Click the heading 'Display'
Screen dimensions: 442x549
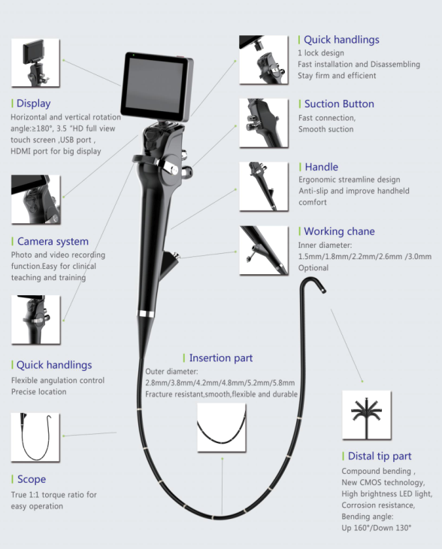pyautogui.click(x=34, y=104)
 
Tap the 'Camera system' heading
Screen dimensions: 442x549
pyautogui.click(x=53, y=241)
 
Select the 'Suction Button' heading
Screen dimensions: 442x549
pyautogui.click(x=339, y=104)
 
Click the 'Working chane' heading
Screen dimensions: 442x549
pyautogui.click(x=339, y=231)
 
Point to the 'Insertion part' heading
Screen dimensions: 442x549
pyautogui.click(x=221, y=357)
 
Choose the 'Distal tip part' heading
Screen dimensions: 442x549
pyautogui.click(x=380, y=456)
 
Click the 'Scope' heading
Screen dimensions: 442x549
pyautogui.click(x=32, y=479)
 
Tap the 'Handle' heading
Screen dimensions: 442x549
pyautogui.click(x=322, y=167)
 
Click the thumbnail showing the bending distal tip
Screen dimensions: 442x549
pyautogui.click(x=367, y=415)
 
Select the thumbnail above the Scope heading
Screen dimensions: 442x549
pyautogui.click(x=35, y=437)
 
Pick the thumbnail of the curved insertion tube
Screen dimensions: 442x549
pyautogui.click(x=222, y=427)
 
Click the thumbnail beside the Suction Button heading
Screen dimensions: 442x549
pyautogui.click(x=264, y=123)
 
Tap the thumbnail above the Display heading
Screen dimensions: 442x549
pyautogui.click(x=35, y=62)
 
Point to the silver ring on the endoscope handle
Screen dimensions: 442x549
pyautogui.click(x=146, y=314)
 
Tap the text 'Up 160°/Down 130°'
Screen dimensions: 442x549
pyautogui.click(x=377, y=528)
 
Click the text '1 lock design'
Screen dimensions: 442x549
pyautogui.click(x=321, y=53)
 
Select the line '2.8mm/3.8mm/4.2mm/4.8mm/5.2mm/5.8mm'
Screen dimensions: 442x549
pyautogui.click(x=220, y=383)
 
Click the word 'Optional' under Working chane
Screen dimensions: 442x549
pyautogui.click(x=313, y=268)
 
